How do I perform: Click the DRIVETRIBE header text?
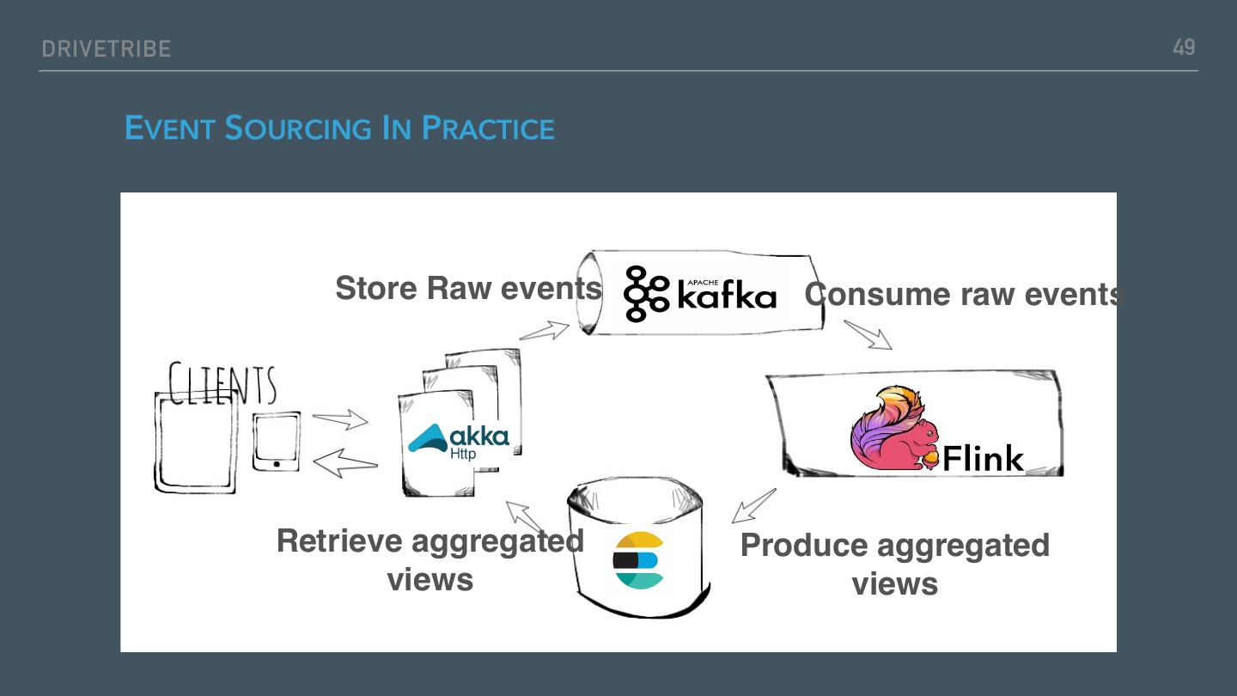pyautogui.click(x=107, y=49)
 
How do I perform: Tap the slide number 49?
pyautogui.click(x=1184, y=47)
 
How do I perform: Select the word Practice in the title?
pyautogui.click(x=488, y=129)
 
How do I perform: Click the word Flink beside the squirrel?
pyautogui.click(x=984, y=458)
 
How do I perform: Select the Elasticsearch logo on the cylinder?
pyautogui.click(x=638, y=560)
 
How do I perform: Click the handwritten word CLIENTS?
pyautogui.click(x=222, y=383)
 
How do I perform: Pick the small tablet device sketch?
pyautogui.click(x=277, y=441)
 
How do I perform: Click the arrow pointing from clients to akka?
pyautogui.click(x=340, y=420)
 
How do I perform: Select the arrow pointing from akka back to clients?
pyautogui.click(x=345, y=464)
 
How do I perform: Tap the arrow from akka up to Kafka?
pyautogui.click(x=545, y=330)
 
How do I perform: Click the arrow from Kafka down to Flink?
pyautogui.click(x=868, y=335)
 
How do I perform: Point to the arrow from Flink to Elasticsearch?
pyautogui.click(x=753, y=506)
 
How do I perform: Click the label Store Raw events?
pyautogui.click(x=468, y=289)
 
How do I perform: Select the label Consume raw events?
pyautogui.click(x=964, y=294)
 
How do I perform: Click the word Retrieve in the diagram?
pyautogui.click(x=339, y=541)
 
